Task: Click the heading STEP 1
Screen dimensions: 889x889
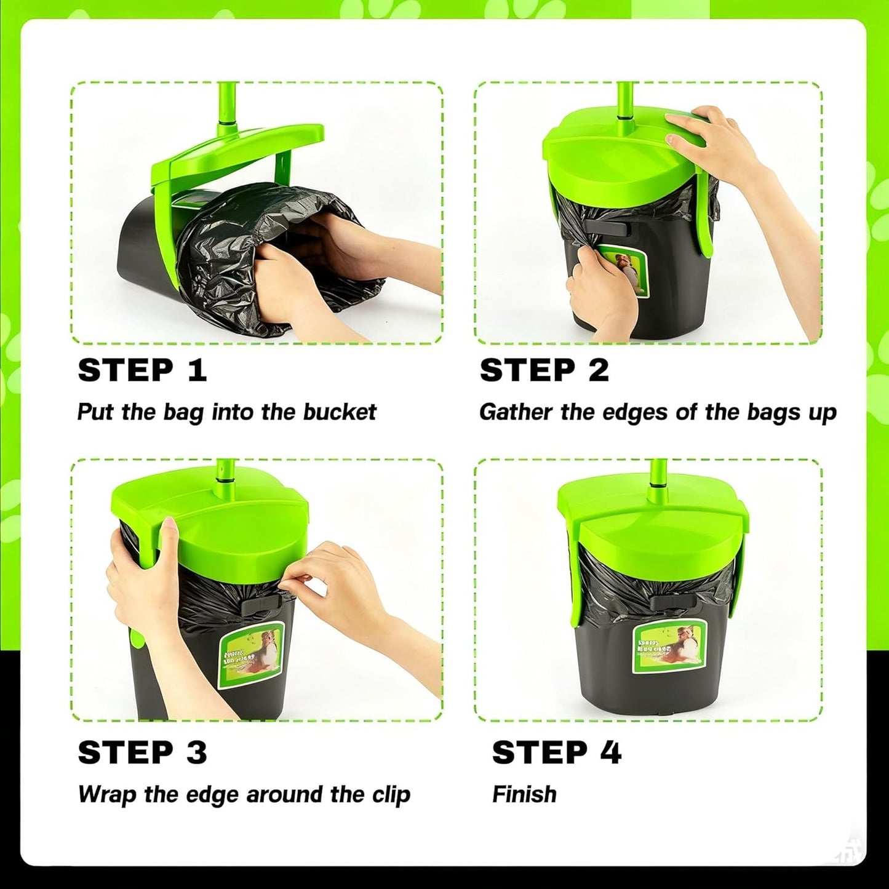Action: tap(142, 370)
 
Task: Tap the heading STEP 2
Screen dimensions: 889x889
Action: tap(544, 370)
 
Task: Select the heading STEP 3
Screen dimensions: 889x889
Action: tap(142, 752)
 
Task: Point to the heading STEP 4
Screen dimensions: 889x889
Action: tap(556, 752)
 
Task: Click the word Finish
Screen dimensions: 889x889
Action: tap(524, 794)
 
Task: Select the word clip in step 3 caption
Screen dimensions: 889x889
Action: tap(391, 795)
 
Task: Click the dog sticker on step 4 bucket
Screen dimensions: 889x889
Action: tap(669, 646)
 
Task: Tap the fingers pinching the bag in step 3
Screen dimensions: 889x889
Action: tap(308, 575)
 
